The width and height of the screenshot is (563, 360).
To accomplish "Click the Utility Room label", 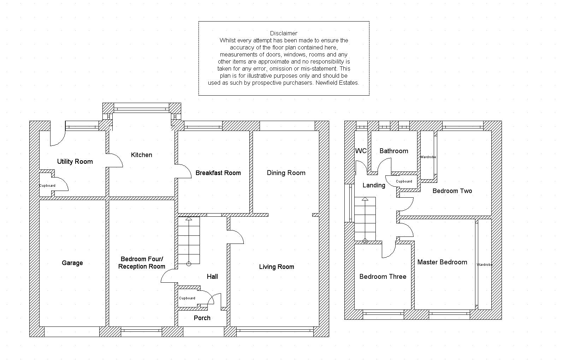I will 75,162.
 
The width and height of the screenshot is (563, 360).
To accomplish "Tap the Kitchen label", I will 141,155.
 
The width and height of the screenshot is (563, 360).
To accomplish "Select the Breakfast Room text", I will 218,173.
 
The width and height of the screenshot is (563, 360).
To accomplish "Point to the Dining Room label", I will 286,173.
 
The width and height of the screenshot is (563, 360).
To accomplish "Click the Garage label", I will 72,263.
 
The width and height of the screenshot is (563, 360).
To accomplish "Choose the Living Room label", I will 277,267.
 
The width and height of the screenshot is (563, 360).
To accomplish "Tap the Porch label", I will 202,318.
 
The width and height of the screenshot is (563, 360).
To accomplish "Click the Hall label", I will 212,277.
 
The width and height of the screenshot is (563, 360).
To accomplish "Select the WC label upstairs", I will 361,151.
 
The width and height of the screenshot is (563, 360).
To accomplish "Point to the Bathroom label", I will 393,151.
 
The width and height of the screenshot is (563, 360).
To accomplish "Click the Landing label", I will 374,185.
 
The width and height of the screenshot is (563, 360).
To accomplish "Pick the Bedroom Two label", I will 452,191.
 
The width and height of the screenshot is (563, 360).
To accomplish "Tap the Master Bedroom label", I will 442,262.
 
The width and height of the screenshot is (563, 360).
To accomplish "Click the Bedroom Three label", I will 383,277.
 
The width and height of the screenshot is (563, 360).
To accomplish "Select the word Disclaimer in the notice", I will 284,34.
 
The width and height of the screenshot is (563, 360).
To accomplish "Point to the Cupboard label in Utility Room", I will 47,186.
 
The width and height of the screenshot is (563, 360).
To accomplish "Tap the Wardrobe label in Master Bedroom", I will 484,265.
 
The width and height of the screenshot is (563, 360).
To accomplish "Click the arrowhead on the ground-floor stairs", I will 189,219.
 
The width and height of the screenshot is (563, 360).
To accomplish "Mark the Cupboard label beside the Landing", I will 404,181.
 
